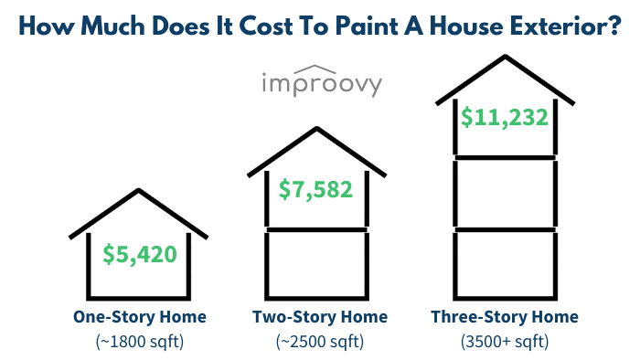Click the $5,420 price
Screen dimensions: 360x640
139,255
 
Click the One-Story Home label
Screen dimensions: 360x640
139,317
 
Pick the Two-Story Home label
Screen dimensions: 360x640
320,317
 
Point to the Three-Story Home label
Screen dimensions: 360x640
505,317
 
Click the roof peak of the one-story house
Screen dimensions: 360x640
139,191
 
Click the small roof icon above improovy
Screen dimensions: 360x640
320,67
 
